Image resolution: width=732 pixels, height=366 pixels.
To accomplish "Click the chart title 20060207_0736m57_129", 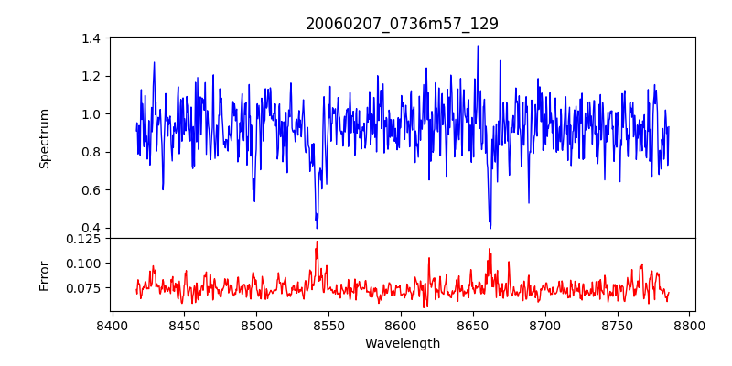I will click(402, 24).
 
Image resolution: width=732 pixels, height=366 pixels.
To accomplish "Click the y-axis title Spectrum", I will click(44, 138).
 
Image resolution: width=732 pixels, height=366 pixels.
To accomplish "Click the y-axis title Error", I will click(44, 275).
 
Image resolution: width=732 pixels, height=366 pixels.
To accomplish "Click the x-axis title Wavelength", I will click(402, 344).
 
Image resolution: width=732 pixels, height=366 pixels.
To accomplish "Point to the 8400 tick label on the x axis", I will click(112, 325).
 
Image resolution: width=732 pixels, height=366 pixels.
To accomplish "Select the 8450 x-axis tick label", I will click(184, 325).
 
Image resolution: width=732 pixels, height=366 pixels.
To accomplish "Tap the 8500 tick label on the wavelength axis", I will click(256, 325).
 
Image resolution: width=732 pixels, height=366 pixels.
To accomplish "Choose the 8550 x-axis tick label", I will click(328, 325).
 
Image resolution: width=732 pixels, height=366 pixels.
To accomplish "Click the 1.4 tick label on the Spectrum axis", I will click(91, 38).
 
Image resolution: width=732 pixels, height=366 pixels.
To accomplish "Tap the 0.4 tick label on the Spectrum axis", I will click(91, 228).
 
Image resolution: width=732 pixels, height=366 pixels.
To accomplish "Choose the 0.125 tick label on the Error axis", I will click(84, 239).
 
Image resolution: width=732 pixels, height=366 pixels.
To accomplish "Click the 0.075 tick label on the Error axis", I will click(84, 288).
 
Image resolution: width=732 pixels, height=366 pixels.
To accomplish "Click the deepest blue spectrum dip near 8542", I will click(317, 227).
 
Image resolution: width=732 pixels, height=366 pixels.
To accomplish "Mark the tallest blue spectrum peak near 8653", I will click(478, 46).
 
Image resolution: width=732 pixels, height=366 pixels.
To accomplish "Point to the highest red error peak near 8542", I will click(317, 242).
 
